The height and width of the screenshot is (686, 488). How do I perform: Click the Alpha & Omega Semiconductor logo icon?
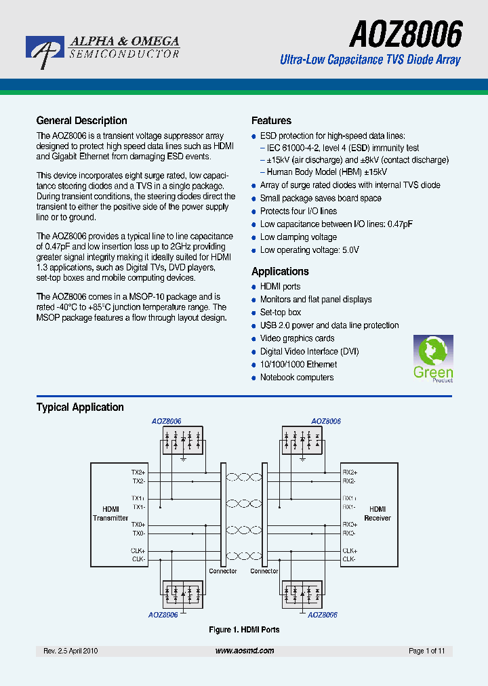tap(45, 52)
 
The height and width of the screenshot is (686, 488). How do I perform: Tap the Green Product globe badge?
tap(432, 359)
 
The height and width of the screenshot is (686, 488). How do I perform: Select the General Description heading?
tap(81, 121)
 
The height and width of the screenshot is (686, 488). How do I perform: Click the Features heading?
tap(271, 121)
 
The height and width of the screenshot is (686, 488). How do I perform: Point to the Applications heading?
tap(280, 271)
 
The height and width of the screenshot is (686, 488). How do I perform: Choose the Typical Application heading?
tap(80, 407)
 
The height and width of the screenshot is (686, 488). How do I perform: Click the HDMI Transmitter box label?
tap(110, 514)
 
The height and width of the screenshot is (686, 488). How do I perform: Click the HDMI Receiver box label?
tap(378, 514)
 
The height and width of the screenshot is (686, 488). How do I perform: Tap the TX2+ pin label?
tap(138, 472)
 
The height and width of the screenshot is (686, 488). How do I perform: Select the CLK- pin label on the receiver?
tap(349, 559)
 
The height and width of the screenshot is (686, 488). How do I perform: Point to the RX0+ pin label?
tap(350, 525)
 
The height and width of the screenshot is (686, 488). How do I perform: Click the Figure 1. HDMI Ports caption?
tap(244, 630)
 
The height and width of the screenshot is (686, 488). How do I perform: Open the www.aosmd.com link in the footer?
tap(245, 651)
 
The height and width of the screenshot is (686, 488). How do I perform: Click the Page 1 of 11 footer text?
tap(427, 651)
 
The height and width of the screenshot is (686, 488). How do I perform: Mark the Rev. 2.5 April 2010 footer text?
tap(71, 651)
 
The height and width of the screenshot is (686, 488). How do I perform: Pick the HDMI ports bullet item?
tap(280, 287)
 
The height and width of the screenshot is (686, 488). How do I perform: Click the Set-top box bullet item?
tap(281, 312)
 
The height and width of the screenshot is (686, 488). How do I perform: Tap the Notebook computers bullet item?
tap(297, 378)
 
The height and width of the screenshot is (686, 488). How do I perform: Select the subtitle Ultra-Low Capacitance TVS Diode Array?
tap(370, 60)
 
